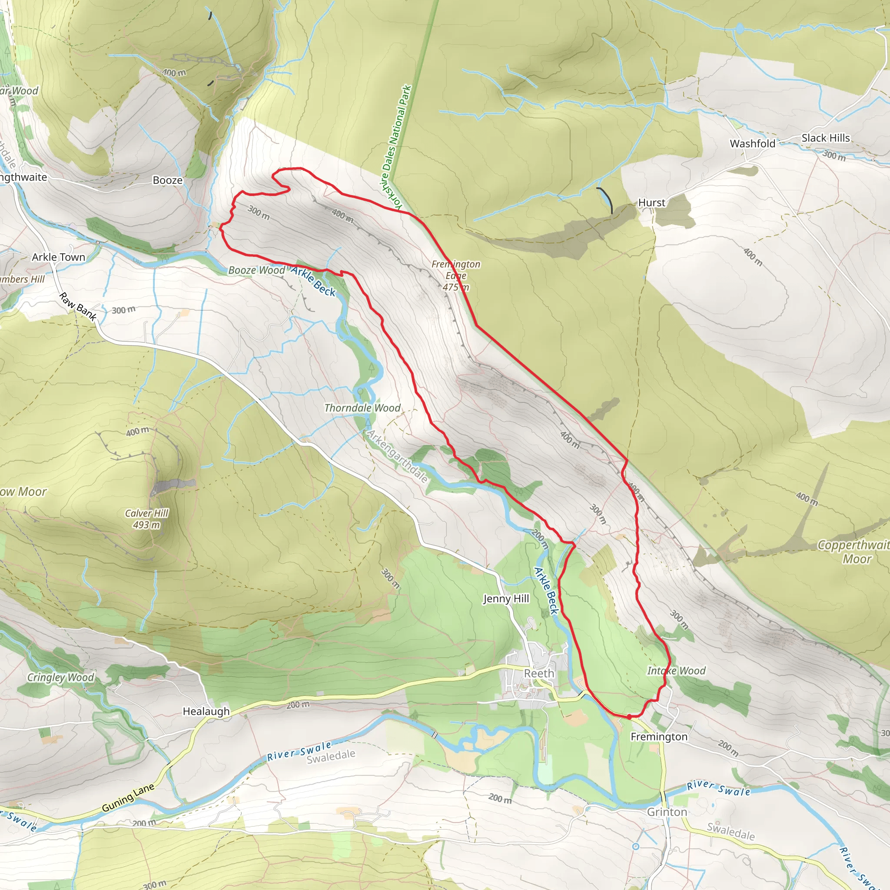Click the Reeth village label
[539, 674]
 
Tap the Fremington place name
[659, 737]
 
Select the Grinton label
[667, 812]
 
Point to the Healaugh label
[206, 711]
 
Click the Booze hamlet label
[168, 180]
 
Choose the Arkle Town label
[59, 257]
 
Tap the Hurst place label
[651, 203]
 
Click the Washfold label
[752, 144]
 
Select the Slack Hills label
[826, 138]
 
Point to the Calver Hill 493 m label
[147, 519]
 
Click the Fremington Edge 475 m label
[455, 276]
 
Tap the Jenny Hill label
[506, 598]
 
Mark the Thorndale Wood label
[362, 408]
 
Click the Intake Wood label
[676, 671]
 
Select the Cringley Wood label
[60, 677]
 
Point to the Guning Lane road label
[128, 797]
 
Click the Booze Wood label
[256, 270]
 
